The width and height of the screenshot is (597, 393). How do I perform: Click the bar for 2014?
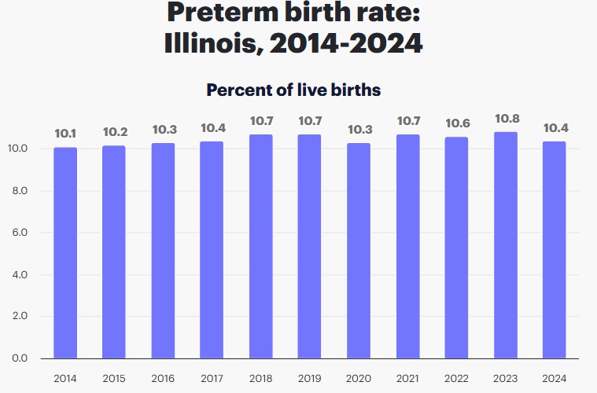[x=65, y=252]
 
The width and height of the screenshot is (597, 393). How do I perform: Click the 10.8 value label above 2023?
[x=506, y=119]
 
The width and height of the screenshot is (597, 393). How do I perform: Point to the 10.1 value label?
[x=65, y=134]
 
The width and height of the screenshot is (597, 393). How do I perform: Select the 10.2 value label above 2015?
[x=114, y=132]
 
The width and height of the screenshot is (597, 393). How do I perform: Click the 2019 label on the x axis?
[x=310, y=378]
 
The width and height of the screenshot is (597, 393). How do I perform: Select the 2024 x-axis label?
[x=555, y=378]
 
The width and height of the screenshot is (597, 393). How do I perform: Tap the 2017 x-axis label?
[x=212, y=378]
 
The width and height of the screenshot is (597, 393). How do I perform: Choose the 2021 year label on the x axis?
[x=407, y=378]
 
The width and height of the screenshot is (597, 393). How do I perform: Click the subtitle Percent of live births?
[x=293, y=90]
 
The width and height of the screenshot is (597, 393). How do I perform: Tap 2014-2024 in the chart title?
[x=346, y=43]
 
